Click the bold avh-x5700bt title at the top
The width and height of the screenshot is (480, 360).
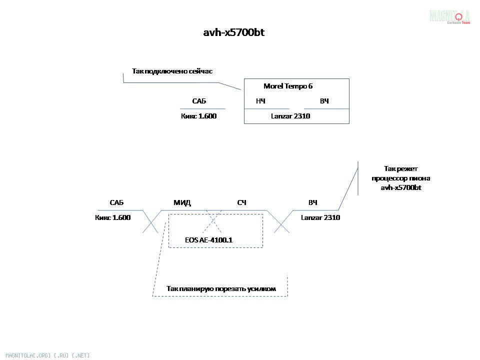point(234,32)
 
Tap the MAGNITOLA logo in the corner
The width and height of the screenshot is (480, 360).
point(449,16)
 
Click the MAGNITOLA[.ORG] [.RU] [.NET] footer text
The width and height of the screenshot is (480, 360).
point(47,355)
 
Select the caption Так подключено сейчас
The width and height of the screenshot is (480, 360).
point(172,71)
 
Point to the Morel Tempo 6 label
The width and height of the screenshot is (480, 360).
point(288,86)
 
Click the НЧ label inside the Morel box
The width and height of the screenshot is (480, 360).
point(260,101)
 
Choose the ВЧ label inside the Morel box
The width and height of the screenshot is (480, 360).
point(324,101)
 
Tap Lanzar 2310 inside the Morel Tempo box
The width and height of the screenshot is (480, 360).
point(290,116)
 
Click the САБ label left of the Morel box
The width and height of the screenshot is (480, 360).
point(199,101)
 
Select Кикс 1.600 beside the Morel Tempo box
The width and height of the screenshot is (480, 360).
point(198,116)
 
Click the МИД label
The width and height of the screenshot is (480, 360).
point(182,202)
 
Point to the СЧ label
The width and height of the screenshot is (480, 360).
point(241,202)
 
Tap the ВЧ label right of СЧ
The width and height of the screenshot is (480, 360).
point(312,202)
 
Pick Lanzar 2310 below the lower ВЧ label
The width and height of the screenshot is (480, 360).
point(320,217)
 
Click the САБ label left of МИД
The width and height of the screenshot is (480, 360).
point(116,202)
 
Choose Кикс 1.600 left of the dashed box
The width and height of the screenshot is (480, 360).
point(112,217)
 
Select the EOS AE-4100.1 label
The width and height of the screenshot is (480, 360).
point(209,240)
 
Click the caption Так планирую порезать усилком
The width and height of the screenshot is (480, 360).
point(221,288)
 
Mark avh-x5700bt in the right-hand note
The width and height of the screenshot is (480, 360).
point(401,187)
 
